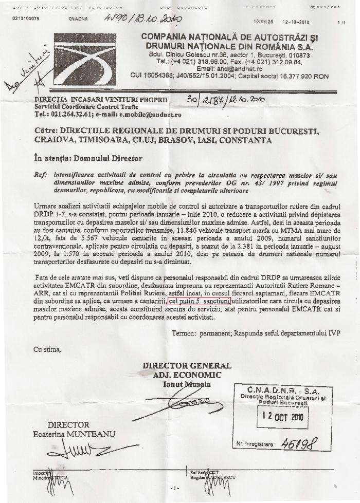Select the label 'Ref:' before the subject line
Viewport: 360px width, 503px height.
coord(38,175)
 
